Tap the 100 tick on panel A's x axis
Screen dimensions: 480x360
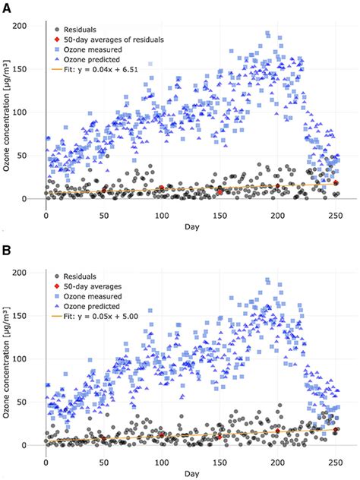(162, 214)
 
